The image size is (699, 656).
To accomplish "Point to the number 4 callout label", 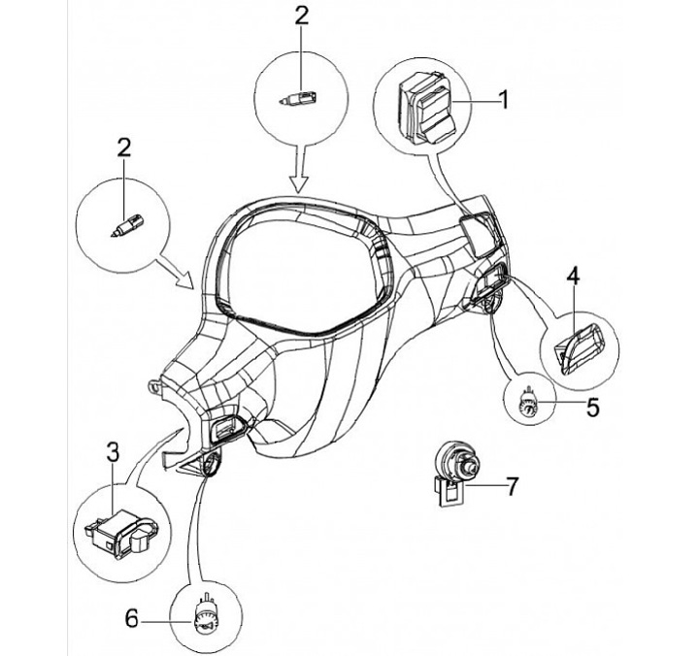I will (x=573, y=276).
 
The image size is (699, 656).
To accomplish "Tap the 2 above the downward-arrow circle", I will (x=301, y=15).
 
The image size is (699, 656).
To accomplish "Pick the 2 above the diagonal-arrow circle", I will (x=124, y=148).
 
